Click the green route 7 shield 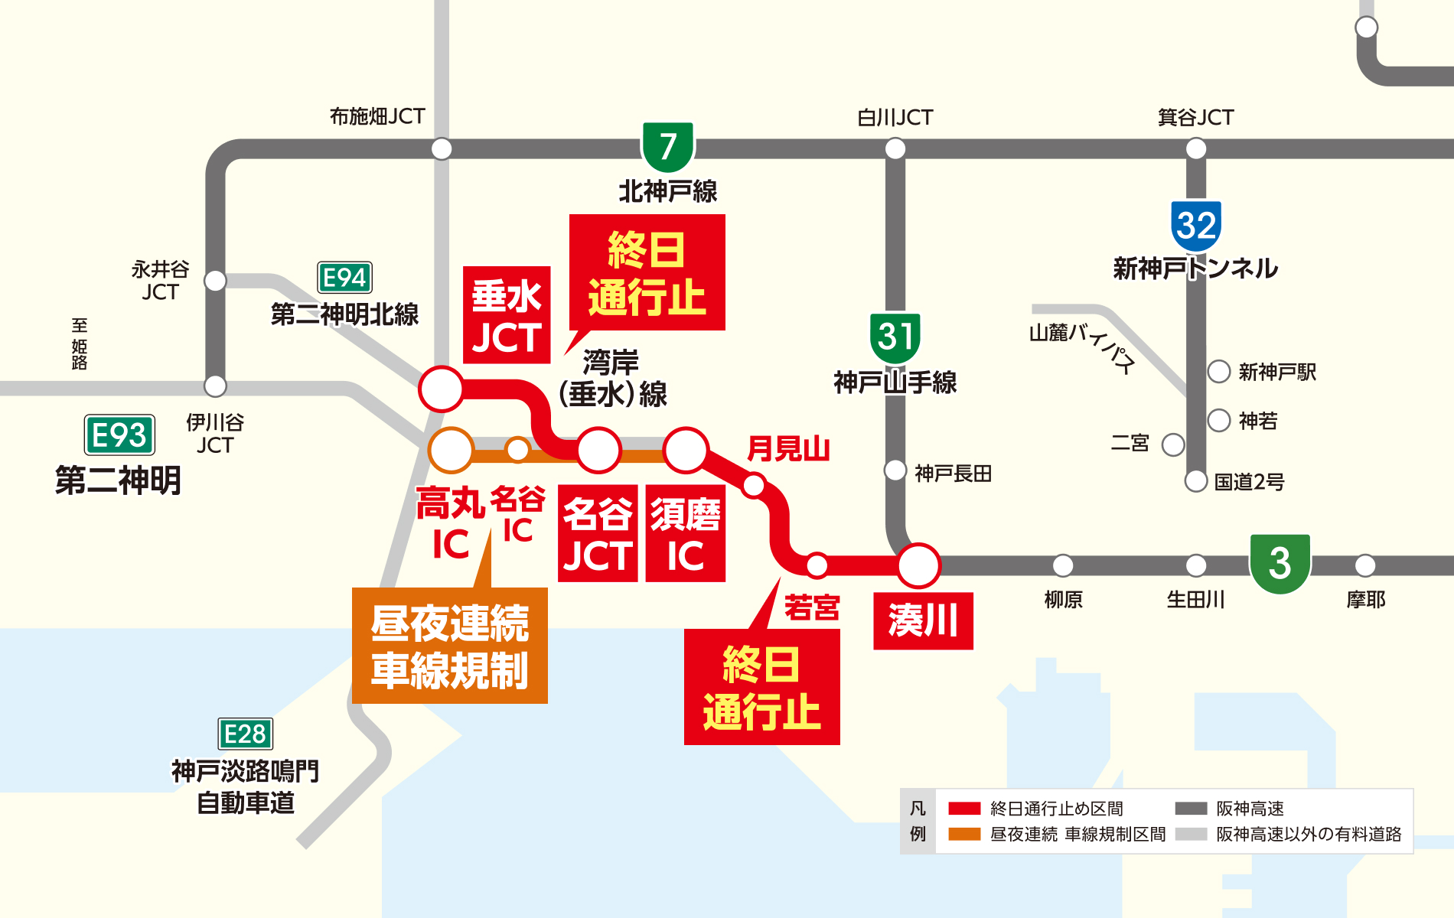click(667, 146)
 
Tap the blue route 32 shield click(1196, 226)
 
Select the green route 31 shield click(895, 337)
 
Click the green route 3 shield click(1280, 563)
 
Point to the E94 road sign click(344, 278)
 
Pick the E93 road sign click(119, 435)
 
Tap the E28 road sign click(245, 734)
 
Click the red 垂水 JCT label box click(507, 315)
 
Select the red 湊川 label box click(923, 620)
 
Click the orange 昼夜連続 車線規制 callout click(450, 646)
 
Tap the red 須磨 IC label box click(685, 534)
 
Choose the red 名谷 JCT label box click(598, 534)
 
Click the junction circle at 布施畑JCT click(442, 148)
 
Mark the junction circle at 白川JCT click(895, 148)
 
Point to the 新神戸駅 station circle click(1218, 372)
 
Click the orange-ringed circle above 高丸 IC click(452, 450)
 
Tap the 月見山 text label click(788, 448)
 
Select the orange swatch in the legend click(964, 834)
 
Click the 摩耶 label click(1366, 600)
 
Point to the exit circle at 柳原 click(1063, 566)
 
